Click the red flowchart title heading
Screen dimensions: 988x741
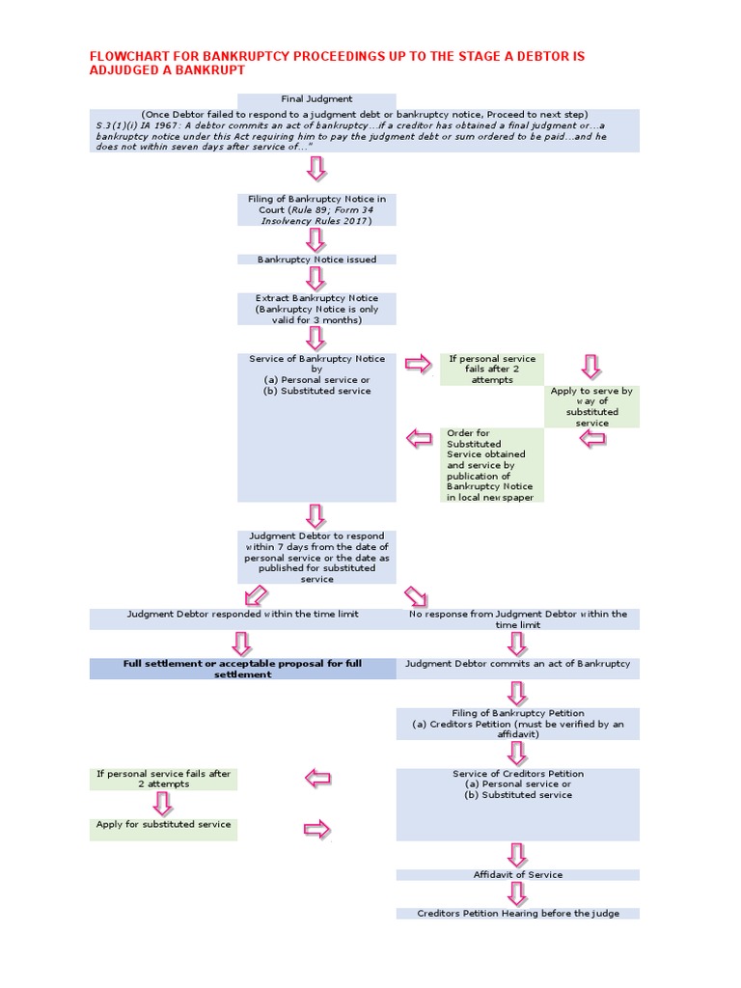tap(337, 64)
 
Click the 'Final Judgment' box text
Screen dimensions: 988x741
tap(316, 99)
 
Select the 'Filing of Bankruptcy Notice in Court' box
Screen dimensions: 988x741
tap(316, 209)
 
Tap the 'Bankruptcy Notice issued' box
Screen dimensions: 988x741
tap(316, 260)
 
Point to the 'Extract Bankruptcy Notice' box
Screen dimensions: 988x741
tap(316, 309)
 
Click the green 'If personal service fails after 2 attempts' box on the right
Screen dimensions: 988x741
tap(491, 370)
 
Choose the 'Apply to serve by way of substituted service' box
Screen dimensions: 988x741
tap(591, 406)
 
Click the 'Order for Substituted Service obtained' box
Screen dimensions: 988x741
tap(490, 465)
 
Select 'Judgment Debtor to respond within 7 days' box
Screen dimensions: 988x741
tap(316, 558)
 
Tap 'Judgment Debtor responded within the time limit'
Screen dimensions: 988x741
tap(242, 615)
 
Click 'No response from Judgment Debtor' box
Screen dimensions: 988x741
tap(517, 619)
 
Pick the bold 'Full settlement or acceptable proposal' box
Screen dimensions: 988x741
tap(242, 669)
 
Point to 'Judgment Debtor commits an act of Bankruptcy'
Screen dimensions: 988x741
tap(517, 665)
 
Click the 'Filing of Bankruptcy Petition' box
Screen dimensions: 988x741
tap(517, 724)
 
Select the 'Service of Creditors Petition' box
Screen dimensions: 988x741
tap(517, 785)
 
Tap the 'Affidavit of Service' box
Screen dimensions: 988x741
tap(517, 875)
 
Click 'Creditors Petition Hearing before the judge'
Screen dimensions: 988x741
tap(517, 913)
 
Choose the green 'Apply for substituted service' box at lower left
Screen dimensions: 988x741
tap(163, 826)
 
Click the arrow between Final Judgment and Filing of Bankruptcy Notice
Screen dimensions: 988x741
tap(316, 170)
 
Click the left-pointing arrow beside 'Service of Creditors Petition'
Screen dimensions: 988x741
tap(317, 778)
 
